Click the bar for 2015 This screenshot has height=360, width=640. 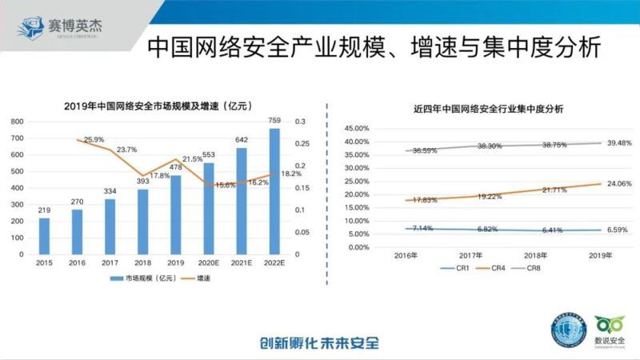(44, 236)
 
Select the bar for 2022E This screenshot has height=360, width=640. (274, 191)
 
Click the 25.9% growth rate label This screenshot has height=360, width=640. (94, 140)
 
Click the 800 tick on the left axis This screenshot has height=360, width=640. (17, 122)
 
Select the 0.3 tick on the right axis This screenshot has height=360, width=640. (300, 122)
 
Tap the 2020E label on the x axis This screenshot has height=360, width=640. (208, 262)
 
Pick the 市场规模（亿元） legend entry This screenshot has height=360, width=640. (144, 278)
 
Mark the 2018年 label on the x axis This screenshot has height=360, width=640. (532, 255)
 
